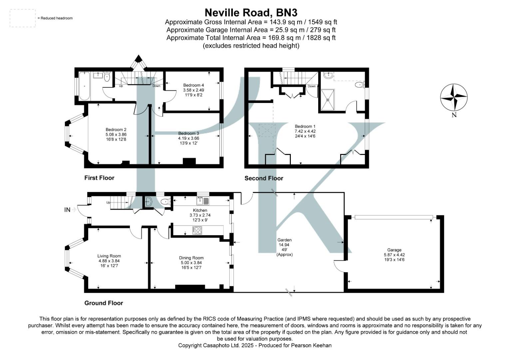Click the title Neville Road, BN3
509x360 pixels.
(251, 13)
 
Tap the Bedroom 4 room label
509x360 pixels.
(193, 85)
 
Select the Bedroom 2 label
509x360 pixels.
(116, 130)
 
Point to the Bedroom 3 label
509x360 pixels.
(189, 133)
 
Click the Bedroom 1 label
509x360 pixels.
(305, 126)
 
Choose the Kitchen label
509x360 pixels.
(200, 210)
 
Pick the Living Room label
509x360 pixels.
(109, 256)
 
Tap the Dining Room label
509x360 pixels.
(191, 258)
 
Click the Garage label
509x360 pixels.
(394, 250)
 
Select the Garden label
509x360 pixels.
(284, 240)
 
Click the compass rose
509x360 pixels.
(454, 97)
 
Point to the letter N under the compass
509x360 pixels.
(454, 115)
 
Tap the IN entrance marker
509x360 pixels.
(68, 210)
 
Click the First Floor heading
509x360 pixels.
(99, 178)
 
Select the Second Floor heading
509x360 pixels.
(264, 178)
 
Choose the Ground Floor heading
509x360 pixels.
(104, 303)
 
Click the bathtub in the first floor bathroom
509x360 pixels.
(84, 86)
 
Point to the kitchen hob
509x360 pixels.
(197, 230)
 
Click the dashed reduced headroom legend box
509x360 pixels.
(23, 18)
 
